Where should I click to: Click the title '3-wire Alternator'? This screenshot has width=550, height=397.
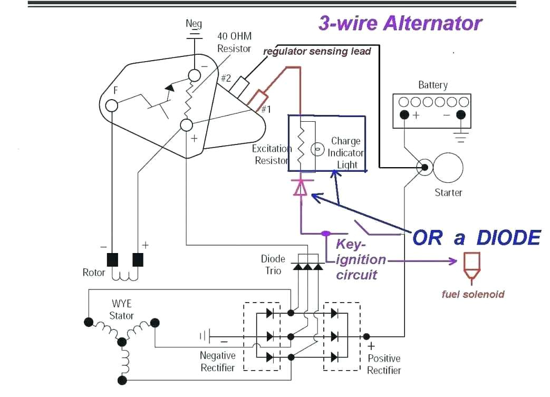pos(400,24)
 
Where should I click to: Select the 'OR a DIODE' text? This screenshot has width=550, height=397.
pos(476,238)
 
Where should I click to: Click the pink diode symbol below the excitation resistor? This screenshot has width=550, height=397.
pos(300,188)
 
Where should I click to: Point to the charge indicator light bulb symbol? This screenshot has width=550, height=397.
pos(317,150)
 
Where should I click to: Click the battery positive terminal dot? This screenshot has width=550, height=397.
pos(404,115)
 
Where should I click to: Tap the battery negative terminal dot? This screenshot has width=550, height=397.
pos(460,115)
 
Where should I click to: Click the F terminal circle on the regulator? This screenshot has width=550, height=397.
pos(111,105)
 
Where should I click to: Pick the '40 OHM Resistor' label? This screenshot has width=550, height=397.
pos(234,42)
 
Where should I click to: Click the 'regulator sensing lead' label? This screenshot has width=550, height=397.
pos(317,51)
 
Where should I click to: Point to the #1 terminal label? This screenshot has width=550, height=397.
pos(266,110)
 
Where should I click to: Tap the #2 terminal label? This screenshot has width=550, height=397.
pos(226,78)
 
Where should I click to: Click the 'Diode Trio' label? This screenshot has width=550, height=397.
pos(273,265)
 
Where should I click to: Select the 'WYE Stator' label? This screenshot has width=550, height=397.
pos(121,310)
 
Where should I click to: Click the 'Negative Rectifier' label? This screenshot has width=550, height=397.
pos(218,362)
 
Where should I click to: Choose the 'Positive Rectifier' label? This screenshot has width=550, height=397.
pos(384,364)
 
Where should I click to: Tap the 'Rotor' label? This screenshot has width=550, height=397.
pos(94,273)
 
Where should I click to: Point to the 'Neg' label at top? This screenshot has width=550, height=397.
pos(194,24)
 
